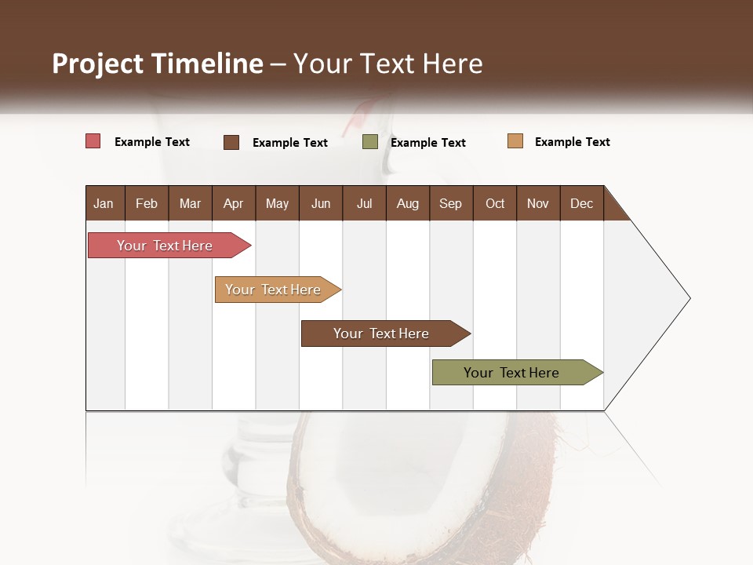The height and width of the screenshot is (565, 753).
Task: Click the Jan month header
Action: [104, 203]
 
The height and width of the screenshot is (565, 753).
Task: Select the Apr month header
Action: [233, 203]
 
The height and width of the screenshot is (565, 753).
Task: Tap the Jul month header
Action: [364, 203]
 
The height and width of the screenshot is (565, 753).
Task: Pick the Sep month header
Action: [450, 203]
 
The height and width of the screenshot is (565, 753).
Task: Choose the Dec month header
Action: [581, 203]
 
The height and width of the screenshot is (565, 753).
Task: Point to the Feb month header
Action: [147, 203]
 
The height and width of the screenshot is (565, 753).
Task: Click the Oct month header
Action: [495, 203]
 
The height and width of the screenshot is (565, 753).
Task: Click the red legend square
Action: [93, 141]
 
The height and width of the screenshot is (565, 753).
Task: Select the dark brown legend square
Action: [231, 142]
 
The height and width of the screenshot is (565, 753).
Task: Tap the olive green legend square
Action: [370, 142]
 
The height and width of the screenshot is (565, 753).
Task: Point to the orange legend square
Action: [515, 141]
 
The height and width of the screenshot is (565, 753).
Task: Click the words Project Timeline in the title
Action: [157, 64]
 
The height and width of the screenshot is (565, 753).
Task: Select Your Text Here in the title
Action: [387, 64]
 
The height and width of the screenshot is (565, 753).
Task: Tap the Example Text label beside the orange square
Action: [572, 142]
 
